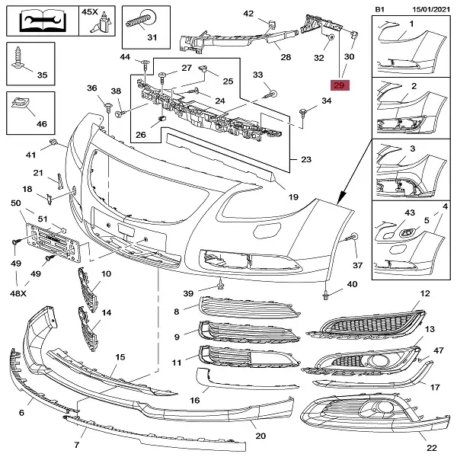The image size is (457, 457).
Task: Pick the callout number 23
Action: coord(306,160)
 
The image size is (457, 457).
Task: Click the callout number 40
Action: coord(351,284)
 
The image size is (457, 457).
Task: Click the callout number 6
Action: coord(21,412)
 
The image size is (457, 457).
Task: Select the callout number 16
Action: coord(194,400)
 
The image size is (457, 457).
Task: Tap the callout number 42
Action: coord(248,14)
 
